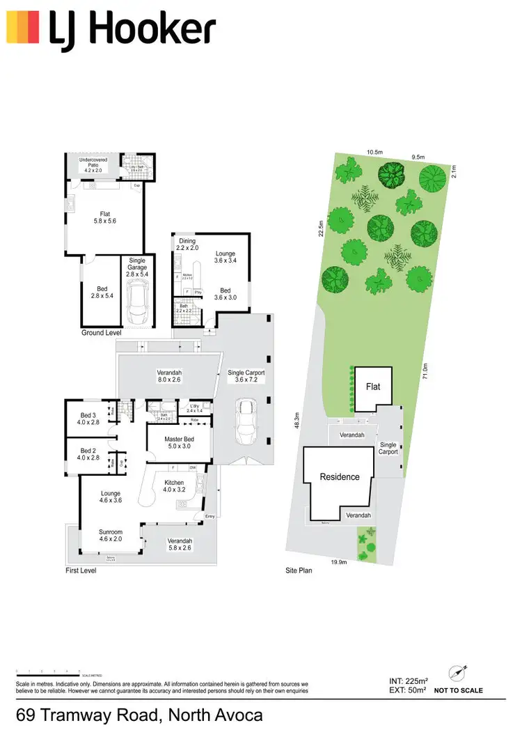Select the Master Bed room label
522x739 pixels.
[179, 444]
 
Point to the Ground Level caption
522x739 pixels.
[102, 334]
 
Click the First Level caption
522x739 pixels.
[82, 570]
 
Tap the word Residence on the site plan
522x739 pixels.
[339, 477]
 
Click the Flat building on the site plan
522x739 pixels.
[374, 387]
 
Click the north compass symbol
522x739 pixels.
[457, 672]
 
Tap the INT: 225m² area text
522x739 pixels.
[409, 681]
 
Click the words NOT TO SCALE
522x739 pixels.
[458, 691]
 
